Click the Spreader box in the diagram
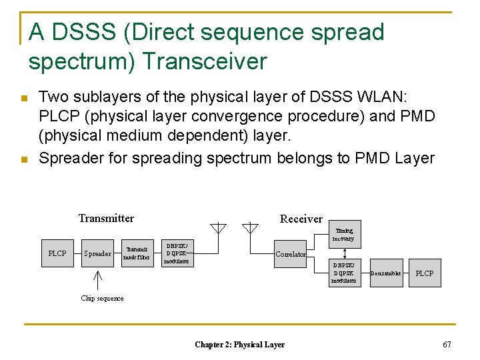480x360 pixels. [97, 254]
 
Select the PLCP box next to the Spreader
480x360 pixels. [57, 254]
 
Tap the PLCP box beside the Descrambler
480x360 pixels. [424, 273]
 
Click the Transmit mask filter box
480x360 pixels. [138, 253]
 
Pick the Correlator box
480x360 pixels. [291, 254]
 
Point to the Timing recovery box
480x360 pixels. [345, 234]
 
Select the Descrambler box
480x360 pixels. [385, 273]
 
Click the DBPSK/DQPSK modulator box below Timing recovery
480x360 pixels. [345, 273]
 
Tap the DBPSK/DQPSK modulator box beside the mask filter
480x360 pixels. [177, 254]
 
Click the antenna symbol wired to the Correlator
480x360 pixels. [249, 228]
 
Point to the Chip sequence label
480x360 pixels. [102, 298]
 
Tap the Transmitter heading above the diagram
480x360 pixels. [106, 219]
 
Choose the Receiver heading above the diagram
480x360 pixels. [301, 219]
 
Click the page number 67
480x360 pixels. [447, 344]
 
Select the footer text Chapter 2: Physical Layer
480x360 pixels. [239, 345]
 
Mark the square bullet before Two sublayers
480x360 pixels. [25, 98]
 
